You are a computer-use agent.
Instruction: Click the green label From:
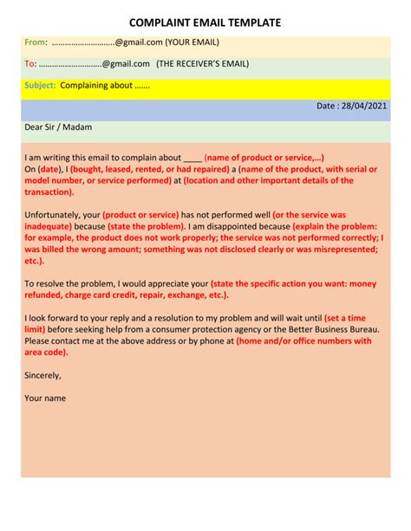click(36, 42)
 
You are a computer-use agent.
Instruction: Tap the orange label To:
click(30, 63)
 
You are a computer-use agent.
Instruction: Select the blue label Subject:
click(40, 85)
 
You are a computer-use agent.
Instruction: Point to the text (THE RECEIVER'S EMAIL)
click(202, 63)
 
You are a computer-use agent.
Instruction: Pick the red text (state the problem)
click(141, 225)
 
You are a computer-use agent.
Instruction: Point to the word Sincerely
click(42, 375)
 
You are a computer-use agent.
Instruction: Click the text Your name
click(45, 398)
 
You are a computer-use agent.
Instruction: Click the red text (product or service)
click(140, 214)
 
